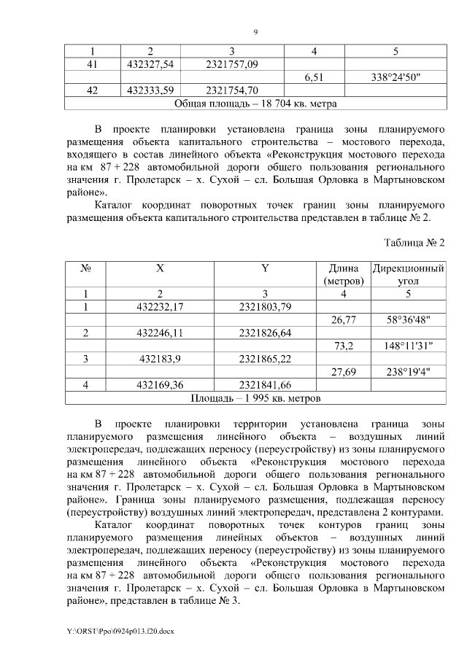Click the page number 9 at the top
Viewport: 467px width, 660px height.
click(x=255, y=31)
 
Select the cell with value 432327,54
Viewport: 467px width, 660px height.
click(x=150, y=65)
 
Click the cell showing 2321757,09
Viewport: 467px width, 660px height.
click(x=232, y=65)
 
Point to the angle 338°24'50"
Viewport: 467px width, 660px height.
click(x=395, y=78)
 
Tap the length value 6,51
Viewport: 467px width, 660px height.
click(x=314, y=78)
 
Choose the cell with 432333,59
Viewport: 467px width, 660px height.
click(x=150, y=91)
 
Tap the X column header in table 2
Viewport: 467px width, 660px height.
click(x=160, y=268)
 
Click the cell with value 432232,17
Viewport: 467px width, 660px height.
click(x=160, y=306)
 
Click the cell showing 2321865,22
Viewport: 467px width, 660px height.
click(x=266, y=359)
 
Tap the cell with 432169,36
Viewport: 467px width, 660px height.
click(x=160, y=385)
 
